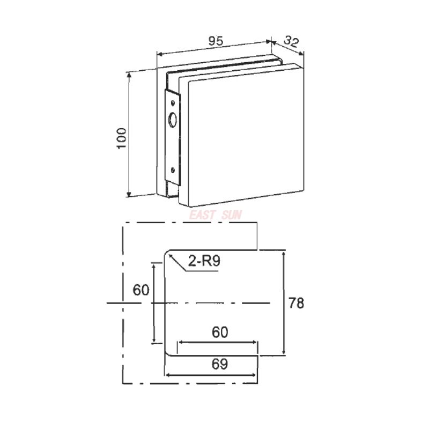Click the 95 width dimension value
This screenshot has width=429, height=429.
[x=216, y=41]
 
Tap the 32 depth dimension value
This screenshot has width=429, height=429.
[x=291, y=41]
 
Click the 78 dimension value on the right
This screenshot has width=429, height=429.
[x=296, y=303]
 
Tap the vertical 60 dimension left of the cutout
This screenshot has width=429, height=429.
[x=140, y=290]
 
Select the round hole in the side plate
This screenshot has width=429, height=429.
[x=173, y=121]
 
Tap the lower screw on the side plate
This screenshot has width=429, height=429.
[x=173, y=171]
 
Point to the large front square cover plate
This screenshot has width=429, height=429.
[x=244, y=137]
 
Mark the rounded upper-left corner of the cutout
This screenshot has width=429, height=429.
[x=167, y=254]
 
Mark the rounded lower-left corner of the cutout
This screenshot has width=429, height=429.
[x=167, y=351]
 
